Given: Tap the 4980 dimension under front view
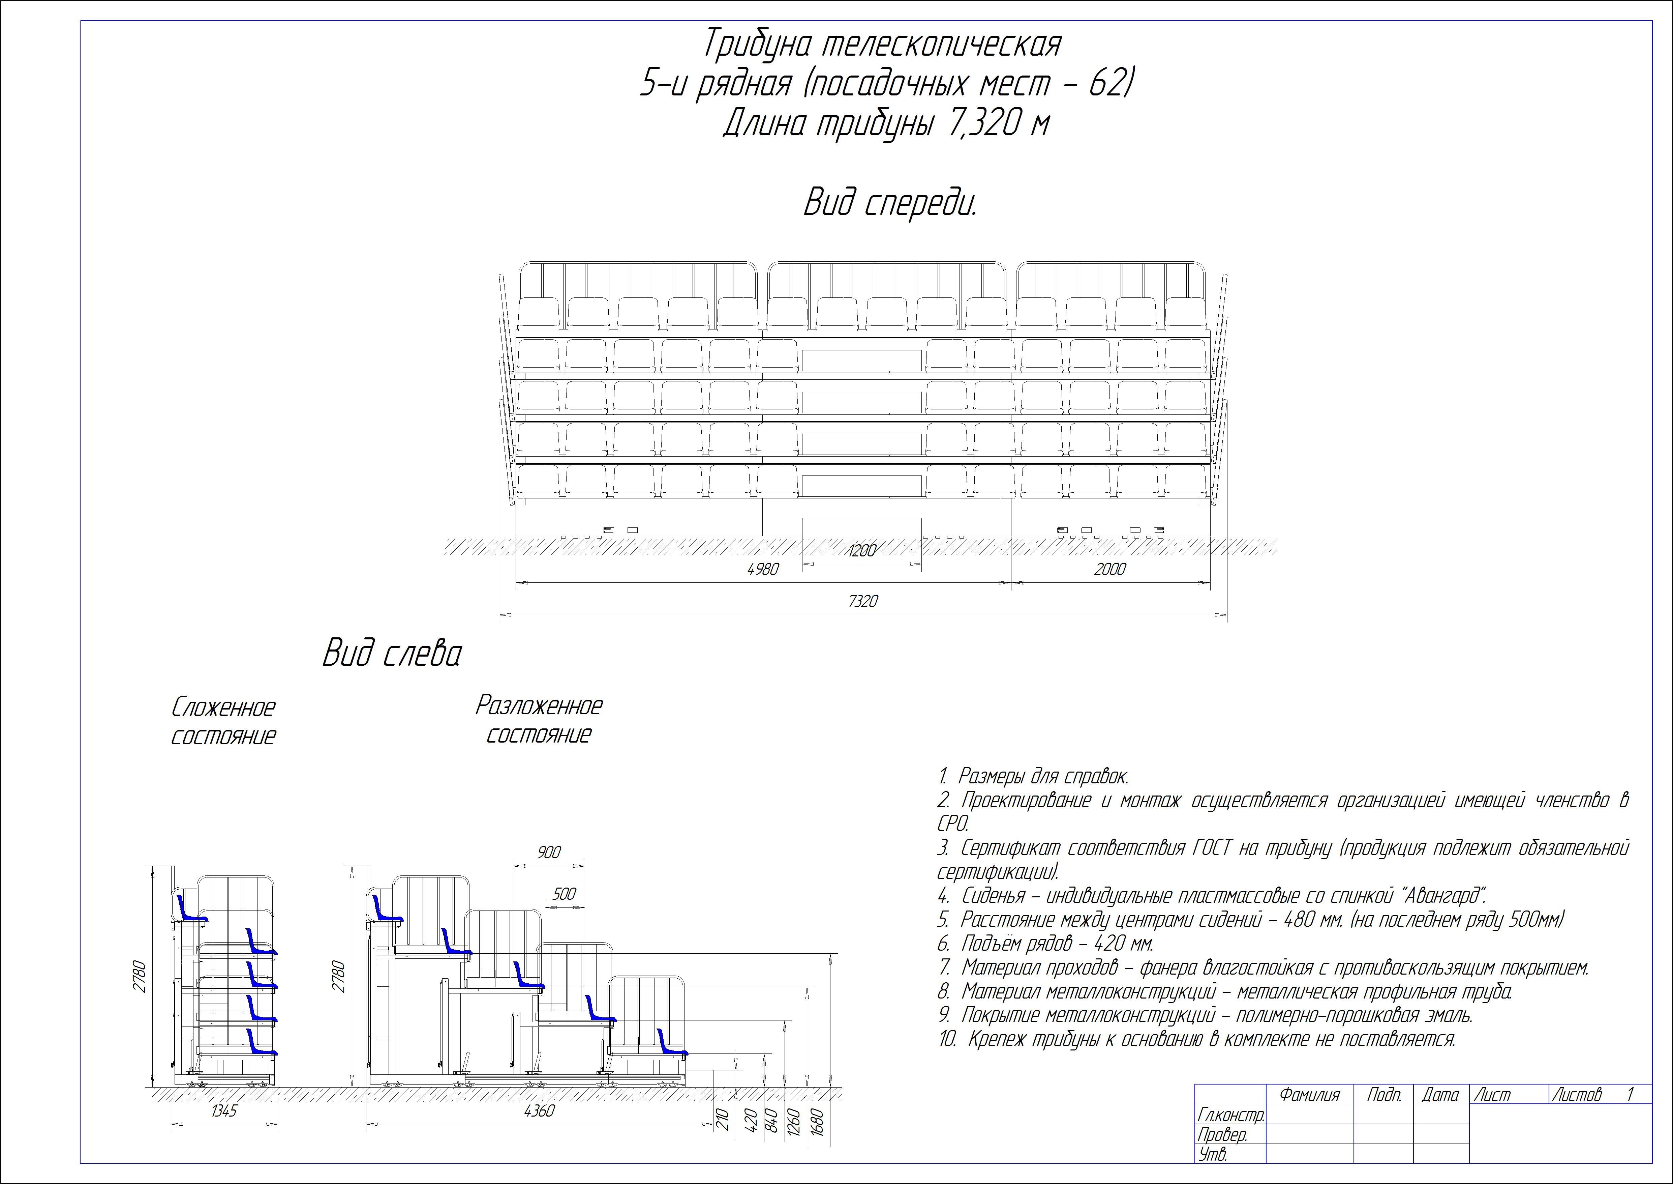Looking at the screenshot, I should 763,569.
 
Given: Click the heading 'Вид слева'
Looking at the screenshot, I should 392,654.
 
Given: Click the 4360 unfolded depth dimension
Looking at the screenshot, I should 539,1111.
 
